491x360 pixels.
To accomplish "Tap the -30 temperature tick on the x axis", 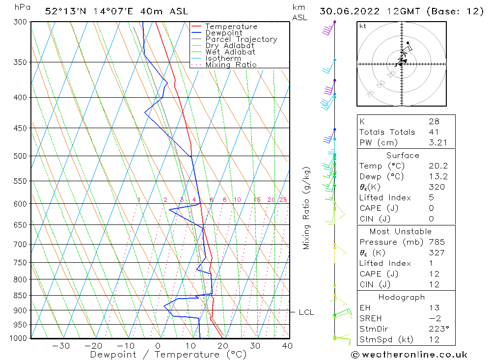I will [x=61, y=346].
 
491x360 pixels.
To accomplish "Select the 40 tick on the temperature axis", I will [x=287, y=346].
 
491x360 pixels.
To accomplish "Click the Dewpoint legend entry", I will [x=223, y=33].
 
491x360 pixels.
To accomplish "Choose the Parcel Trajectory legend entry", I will [x=241, y=39].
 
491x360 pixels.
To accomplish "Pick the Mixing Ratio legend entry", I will [x=231, y=65].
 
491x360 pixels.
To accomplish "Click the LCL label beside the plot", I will [x=306, y=312].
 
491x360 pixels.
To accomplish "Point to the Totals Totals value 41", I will [x=434, y=132].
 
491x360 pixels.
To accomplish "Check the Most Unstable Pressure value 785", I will [x=436, y=242].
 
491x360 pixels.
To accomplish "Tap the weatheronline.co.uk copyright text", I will [x=409, y=354].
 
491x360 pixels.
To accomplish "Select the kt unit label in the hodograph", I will [x=362, y=26].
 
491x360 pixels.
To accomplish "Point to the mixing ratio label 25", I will [x=283, y=199].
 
